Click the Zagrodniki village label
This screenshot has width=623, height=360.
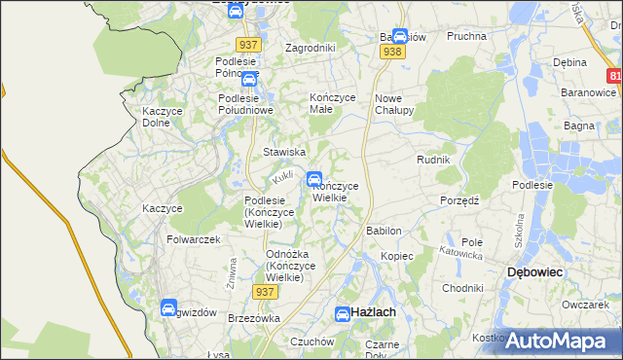(x=310, y=48)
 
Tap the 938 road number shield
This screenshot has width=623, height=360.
(x=393, y=53)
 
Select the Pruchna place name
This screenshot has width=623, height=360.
(x=465, y=36)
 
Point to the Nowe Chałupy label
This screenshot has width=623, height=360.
(x=395, y=104)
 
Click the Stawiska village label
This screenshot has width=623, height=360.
(x=285, y=153)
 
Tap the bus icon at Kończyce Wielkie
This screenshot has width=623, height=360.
(x=315, y=179)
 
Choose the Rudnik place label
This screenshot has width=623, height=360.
(x=433, y=160)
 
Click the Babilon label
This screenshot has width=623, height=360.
(x=384, y=232)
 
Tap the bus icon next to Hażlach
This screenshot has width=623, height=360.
(x=343, y=313)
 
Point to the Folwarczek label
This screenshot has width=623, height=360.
(x=194, y=239)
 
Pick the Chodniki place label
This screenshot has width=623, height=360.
(x=462, y=288)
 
